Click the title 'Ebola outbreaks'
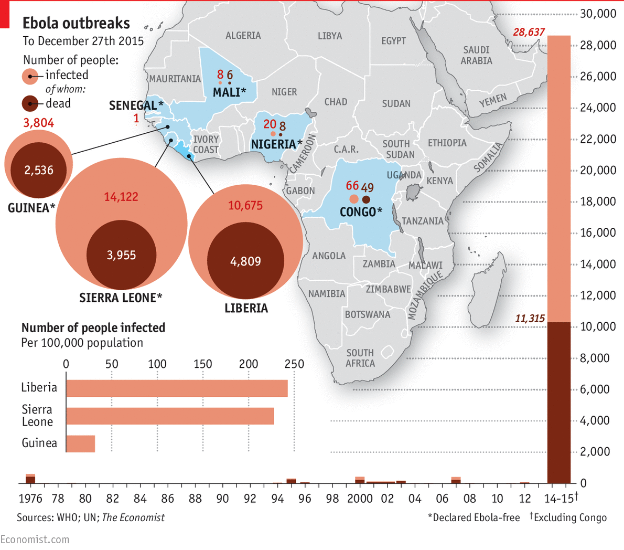pyautogui.click(x=76, y=23)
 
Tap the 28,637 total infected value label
pyautogui.click(x=529, y=33)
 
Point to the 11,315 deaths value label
pyautogui.click(x=530, y=319)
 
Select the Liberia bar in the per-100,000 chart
pyautogui.click(x=177, y=388)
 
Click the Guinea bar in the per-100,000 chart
pyautogui.click(x=81, y=443)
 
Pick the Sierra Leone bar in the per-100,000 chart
pyautogui.click(x=170, y=416)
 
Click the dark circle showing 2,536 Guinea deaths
pyautogui.click(x=39, y=170)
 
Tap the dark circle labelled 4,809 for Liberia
pyautogui.click(x=245, y=261)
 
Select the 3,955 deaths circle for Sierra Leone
pyautogui.click(x=121, y=255)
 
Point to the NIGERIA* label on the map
pyautogui.click(x=276, y=144)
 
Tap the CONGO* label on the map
pyautogui.click(x=361, y=212)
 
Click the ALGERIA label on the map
pyautogui.click(x=243, y=36)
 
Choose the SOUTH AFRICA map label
pyautogui.click(x=360, y=358)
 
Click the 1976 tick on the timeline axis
pyautogui.click(x=30, y=499)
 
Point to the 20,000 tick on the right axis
pyautogui.click(x=598, y=171)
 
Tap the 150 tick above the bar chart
pyautogui.click(x=202, y=364)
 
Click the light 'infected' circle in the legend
pyautogui.click(x=30, y=77)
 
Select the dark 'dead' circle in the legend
pyautogui.click(x=30, y=104)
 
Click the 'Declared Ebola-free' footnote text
pyautogui.click(x=474, y=517)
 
